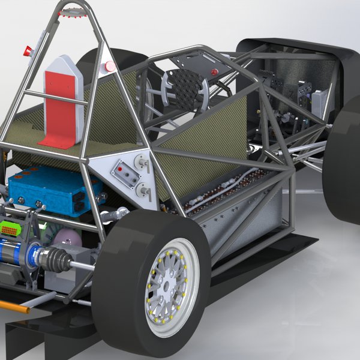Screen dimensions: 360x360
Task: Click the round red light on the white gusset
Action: (x=110, y=67)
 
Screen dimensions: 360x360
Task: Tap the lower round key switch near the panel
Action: (x=143, y=191)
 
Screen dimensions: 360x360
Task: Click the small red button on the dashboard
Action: (x=214, y=72)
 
